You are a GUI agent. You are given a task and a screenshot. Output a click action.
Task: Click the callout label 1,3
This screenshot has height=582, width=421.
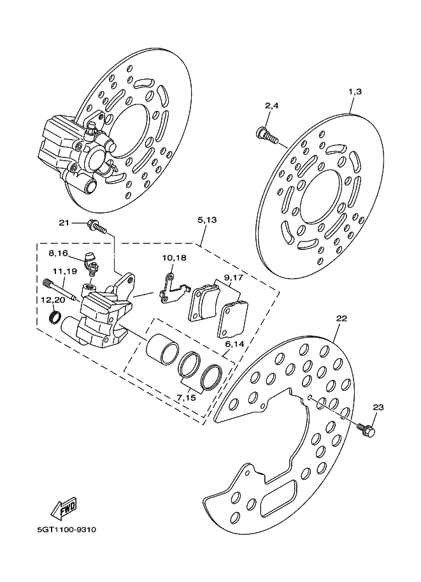coord(355,91)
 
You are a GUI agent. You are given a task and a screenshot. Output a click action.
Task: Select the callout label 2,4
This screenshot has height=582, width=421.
coord(271,106)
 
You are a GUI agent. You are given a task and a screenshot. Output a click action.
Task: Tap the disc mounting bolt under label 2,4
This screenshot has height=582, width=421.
coord(266,135)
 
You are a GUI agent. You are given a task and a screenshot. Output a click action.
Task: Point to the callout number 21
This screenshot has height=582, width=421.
coord(64,222)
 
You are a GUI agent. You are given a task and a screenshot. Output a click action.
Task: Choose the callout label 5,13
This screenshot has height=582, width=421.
coord(207,220)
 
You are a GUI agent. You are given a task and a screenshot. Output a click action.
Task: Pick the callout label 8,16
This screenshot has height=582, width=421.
coord(58,253)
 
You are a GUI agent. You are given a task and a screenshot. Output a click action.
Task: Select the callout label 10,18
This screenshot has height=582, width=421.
coord(174,258)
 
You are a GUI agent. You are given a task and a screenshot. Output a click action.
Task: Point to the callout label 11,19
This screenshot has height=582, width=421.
coord(64,272)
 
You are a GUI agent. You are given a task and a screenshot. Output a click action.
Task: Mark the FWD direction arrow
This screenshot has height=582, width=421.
coord(64,507)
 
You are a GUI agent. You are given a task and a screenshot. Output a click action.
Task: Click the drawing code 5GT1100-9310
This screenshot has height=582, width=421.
coord(67,530)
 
